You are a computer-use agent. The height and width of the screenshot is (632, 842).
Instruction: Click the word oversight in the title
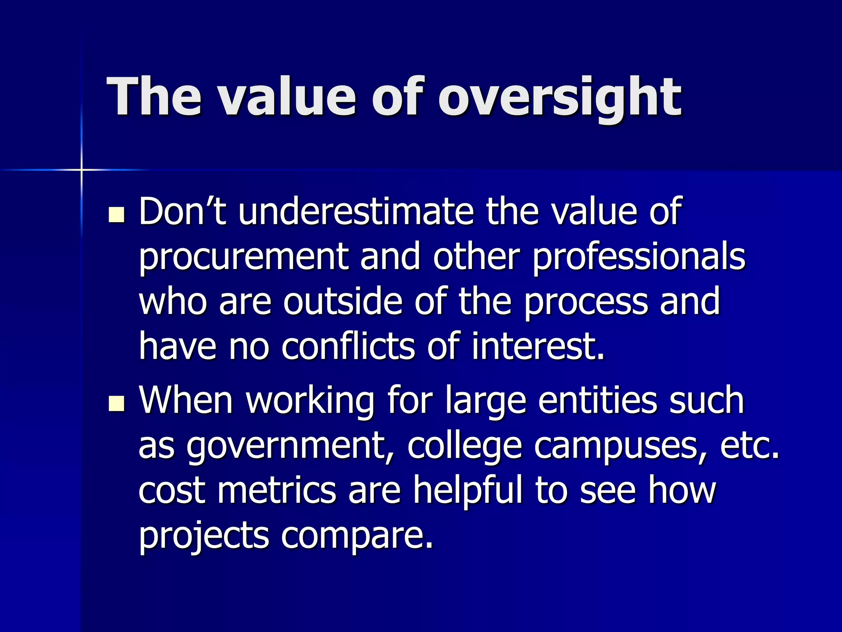pyautogui.click(x=560, y=98)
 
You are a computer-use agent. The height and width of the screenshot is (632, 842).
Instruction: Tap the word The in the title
pyautogui.click(x=154, y=97)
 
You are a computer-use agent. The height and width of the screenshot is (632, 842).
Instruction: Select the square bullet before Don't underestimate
pyautogui.click(x=117, y=215)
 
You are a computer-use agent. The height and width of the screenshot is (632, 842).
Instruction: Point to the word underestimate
pyautogui.click(x=356, y=211)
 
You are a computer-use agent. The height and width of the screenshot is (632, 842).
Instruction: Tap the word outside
pyautogui.click(x=342, y=302)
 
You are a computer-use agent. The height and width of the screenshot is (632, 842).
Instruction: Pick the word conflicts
pyautogui.click(x=348, y=346)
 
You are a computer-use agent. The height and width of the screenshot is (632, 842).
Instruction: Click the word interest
pyautogui.click(x=537, y=346)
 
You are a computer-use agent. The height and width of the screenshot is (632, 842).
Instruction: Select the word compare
pyautogui.click(x=357, y=537)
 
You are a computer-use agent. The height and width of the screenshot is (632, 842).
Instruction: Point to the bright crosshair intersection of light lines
pyautogui.click(x=81, y=170)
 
